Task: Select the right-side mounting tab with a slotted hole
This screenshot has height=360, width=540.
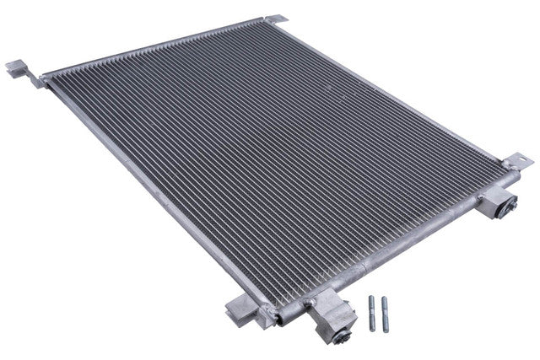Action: (517, 160)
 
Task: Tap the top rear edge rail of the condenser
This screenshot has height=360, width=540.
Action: (160, 46)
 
